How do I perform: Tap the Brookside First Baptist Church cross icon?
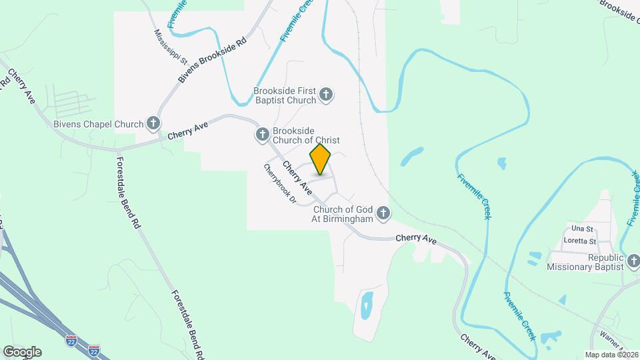[326, 95]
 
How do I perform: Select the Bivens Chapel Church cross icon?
[154, 123]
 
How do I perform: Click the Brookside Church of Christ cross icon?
[262, 135]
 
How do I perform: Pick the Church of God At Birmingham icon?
[383, 213]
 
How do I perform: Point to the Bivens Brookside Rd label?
[212, 59]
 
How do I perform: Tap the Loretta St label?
[580, 241]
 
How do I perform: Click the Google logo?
[21, 352]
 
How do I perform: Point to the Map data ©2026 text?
[611, 354]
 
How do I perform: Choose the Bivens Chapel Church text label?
[98, 124]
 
